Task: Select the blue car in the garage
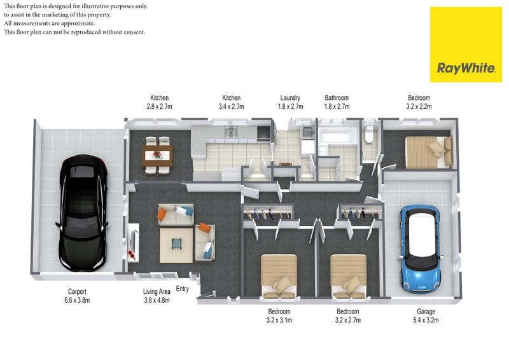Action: click(x=421, y=249)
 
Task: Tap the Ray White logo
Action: click(x=466, y=45)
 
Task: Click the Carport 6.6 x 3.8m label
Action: click(x=77, y=296)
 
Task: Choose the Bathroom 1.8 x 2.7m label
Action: click(x=337, y=102)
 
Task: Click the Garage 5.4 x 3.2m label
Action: click(x=426, y=315)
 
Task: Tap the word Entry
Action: click(x=182, y=289)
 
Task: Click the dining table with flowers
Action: click(x=157, y=155)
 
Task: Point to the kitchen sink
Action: click(x=231, y=132)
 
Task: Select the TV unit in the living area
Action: click(x=134, y=242)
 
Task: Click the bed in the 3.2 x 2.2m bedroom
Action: click(x=428, y=152)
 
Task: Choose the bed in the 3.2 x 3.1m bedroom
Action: click(x=279, y=277)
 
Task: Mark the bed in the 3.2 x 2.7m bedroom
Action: click(x=348, y=277)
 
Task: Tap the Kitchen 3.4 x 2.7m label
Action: click(x=231, y=102)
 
